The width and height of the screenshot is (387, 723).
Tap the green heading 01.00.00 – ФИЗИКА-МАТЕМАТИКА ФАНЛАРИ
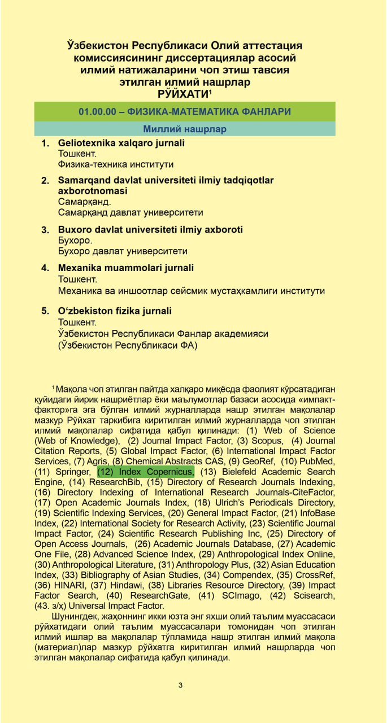(x=185, y=111)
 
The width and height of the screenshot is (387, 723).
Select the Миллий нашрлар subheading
(x=185, y=129)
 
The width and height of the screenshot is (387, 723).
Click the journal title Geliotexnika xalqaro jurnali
(x=121, y=143)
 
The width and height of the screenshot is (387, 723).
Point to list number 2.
(x=45, y=181)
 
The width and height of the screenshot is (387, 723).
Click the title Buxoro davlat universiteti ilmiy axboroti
(x=150, y=230)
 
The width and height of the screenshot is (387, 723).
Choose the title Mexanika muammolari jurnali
(x=126, y=268)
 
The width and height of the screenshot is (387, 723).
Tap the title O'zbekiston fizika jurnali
(x=115, y=311)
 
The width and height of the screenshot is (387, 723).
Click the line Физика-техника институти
(x=116, y=164)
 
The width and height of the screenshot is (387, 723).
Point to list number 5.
(x=45, y=311)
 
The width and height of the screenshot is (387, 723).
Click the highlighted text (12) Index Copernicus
(x=146, y=472)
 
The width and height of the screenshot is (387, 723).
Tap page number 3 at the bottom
(x=180, y=685)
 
